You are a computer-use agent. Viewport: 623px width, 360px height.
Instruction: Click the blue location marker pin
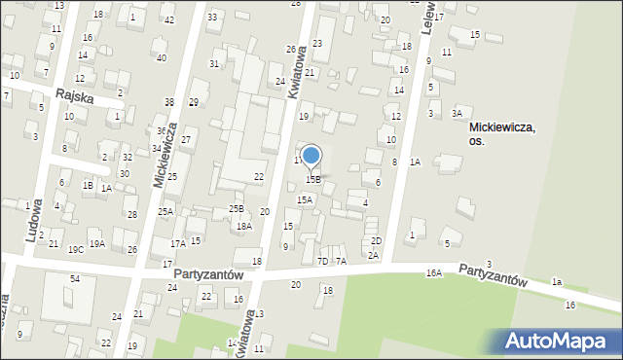click(311, 156)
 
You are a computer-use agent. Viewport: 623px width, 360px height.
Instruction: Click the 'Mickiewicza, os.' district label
click(503, 133)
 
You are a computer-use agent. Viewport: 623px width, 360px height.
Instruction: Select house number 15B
click(313, 180)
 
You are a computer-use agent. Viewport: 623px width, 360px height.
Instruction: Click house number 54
click(74, 279)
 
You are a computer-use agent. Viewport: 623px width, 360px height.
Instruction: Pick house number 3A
click(457, 114)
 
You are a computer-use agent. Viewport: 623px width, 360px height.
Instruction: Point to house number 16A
click(433, 273)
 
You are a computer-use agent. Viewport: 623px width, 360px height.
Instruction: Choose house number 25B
click(236, 208)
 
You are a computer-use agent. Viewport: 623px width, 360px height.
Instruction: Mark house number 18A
click(243, 226)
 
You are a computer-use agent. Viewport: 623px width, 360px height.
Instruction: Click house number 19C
click(76, 250)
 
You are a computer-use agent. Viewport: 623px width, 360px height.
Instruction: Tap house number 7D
click(322, 261)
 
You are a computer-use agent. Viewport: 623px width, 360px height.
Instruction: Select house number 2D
click(376, 240)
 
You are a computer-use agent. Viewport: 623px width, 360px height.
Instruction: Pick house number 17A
click(177, 243)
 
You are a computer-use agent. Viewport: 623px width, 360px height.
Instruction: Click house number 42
click(169, 20)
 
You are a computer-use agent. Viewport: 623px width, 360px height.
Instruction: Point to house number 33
click(212, 18)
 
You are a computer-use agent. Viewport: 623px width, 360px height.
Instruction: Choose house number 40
click(162, 58)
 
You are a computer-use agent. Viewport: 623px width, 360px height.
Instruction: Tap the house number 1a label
click(557, 281)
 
